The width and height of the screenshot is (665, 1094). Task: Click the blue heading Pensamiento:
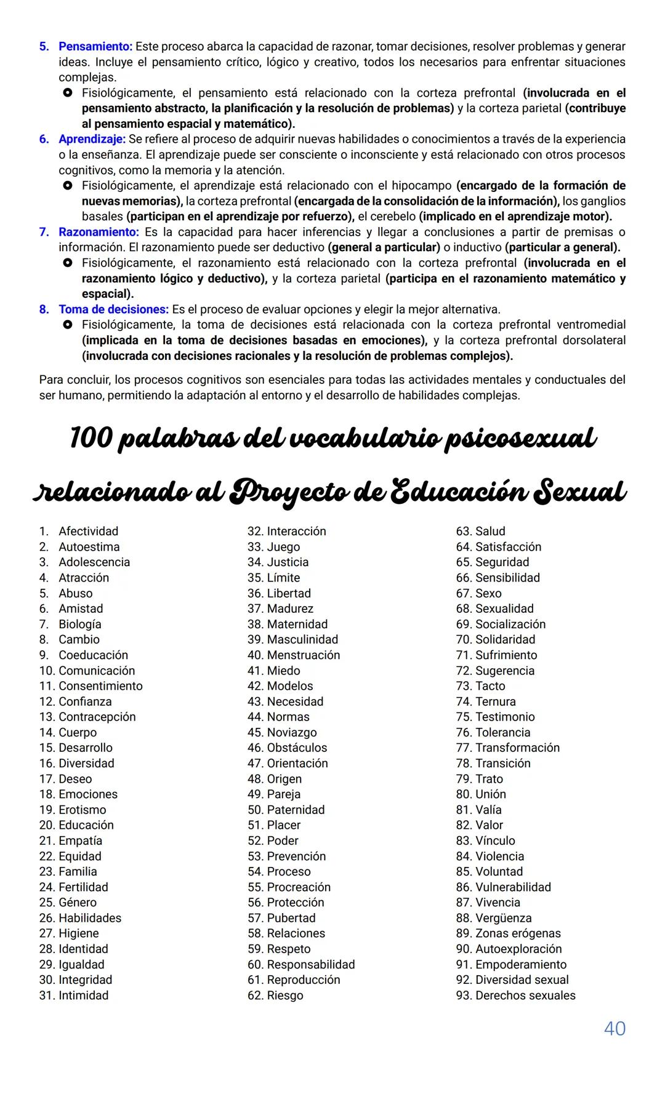[x=95, y=46]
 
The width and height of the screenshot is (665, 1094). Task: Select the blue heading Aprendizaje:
[x=92, y=139]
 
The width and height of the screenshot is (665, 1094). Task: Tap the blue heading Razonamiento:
[x=99, y=232]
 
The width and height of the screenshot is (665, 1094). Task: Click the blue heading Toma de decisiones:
[x=113, y=309]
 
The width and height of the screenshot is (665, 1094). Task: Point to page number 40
[x=615, y=1028]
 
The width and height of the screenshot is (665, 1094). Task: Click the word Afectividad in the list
[x=88, y=531]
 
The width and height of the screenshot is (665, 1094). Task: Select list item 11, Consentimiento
[x=100, y=685]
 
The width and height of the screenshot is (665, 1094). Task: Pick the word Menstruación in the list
[x=303, y=655]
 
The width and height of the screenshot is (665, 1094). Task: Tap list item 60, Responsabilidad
[x=310, y=964]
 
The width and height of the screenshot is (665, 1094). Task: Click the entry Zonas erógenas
[x=518, y=933]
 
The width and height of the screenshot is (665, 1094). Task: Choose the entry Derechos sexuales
[x=525, y=995]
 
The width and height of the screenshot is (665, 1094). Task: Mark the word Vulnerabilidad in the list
[x=513, y=887]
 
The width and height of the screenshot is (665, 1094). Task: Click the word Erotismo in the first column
[x=82, y=810]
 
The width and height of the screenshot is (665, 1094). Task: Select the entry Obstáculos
[x=297, y=748]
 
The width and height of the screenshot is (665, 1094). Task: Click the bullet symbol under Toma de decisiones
[x=68, y=324]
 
